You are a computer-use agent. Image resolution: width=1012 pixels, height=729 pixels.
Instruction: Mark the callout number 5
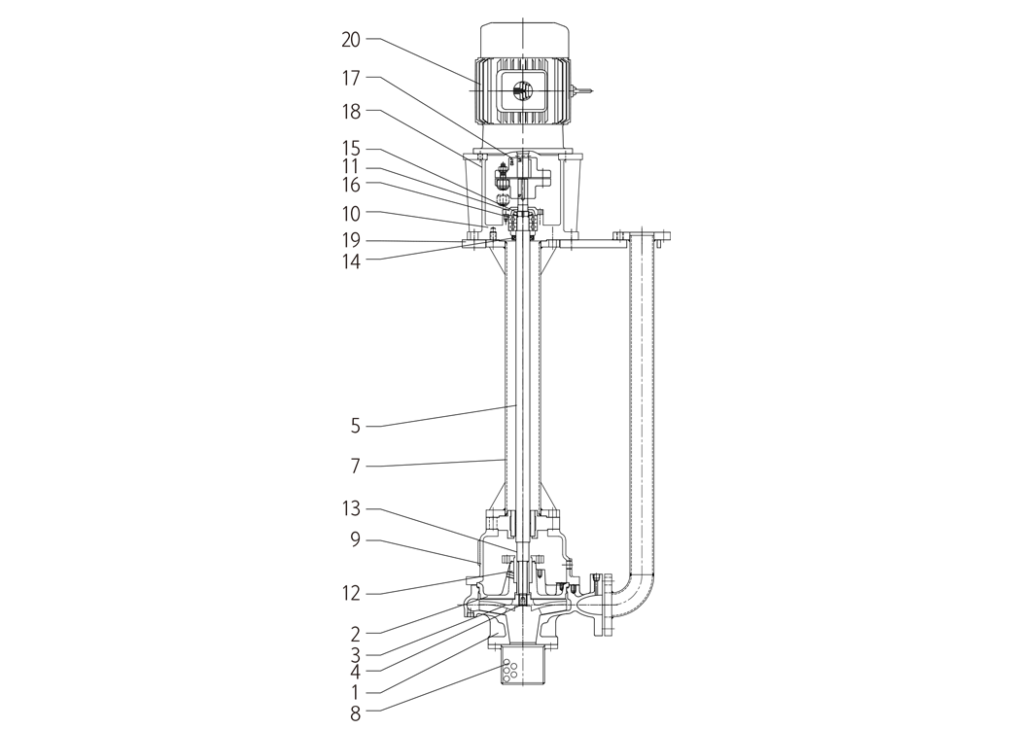[x=355, y=426]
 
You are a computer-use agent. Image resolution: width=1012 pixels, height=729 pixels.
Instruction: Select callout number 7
[x=355, y=466]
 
